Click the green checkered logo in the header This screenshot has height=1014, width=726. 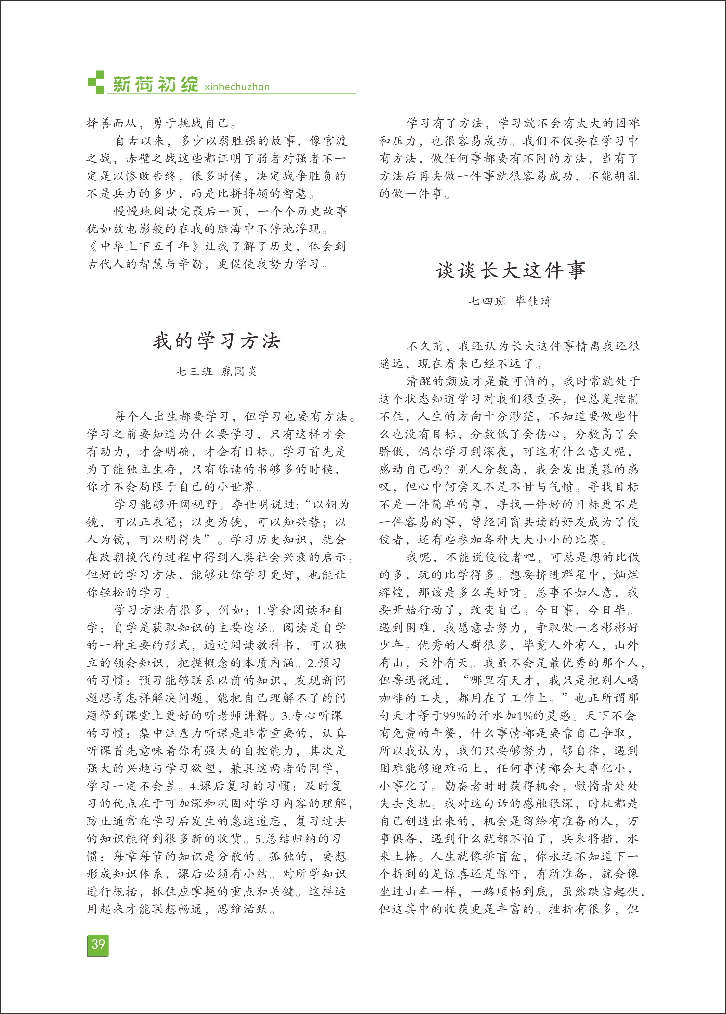96,82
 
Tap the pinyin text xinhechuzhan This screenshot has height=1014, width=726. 237,87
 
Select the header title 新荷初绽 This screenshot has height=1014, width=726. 155,83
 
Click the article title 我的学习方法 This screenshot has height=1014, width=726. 217,341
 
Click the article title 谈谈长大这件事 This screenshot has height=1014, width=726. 510,271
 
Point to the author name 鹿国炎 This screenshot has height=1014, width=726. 240,371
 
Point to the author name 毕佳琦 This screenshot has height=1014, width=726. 533,301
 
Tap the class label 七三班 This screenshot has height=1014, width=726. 193,371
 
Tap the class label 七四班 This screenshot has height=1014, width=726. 487,301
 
